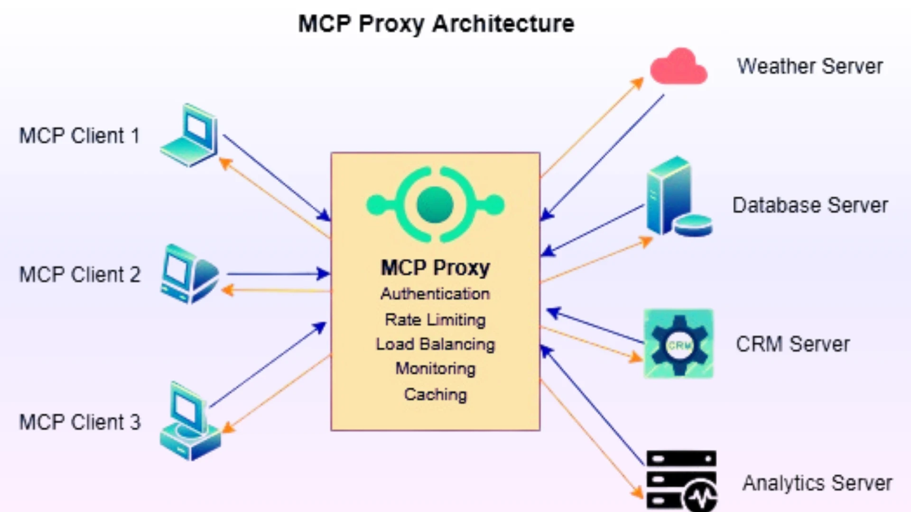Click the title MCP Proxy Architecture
(x=436, y=24)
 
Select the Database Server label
(x=810, y=205)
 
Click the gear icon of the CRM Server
(x=679, y=344)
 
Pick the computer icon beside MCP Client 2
(x=189, y=274)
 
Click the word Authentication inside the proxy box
(x=435, y=294)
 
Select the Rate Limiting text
(x=435, y=320)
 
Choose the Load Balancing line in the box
(x=435, y=344)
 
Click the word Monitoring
(x=435, y=368)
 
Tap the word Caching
(x=435, y=394)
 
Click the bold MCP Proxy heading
(x=435, y=268)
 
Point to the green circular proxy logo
(x=435, y=205)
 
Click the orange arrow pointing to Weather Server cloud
(x=593, y=128)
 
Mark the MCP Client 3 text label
(x=80, y=422)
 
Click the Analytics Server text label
(x=817, y=483)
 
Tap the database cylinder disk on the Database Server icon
(x=694, y=225)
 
